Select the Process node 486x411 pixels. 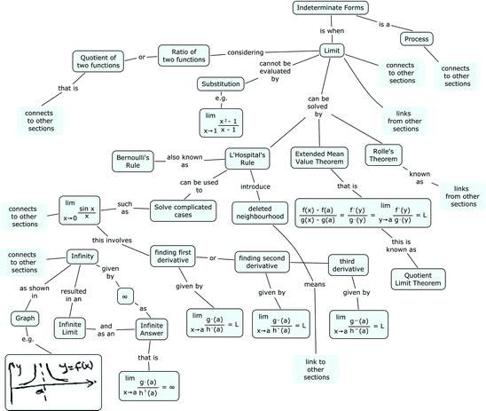click(x=416, y=39)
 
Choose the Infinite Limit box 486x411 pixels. click(x=74, y=326)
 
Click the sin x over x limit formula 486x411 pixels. click(x=88, y=210)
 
